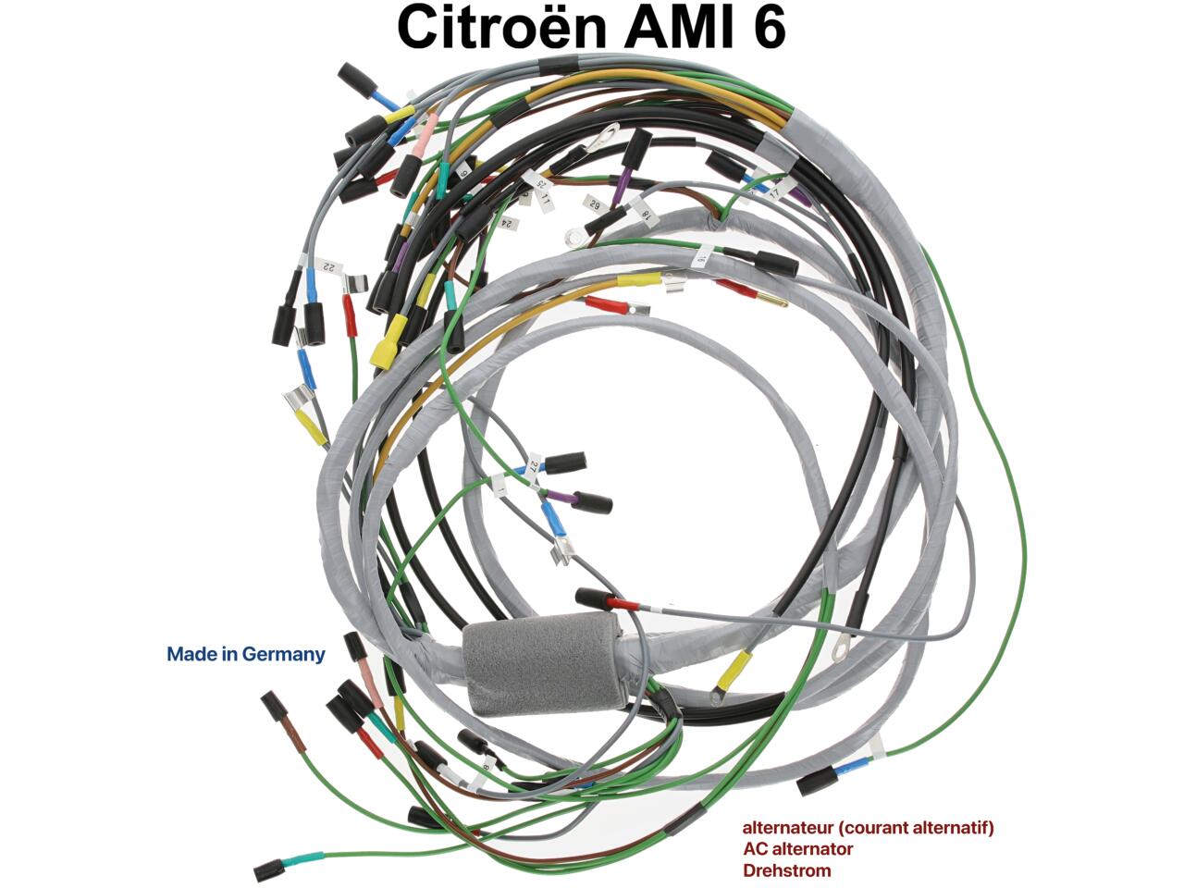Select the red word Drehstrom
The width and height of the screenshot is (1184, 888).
click(x=786, y=870)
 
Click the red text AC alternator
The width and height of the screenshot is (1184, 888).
click(x=797, y=848)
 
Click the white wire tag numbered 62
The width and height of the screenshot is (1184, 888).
click(x=593, y=203)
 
